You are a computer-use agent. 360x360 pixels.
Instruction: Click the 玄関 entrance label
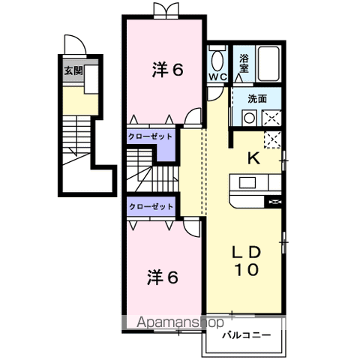coord(73,70)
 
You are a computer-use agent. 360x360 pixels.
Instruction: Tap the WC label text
coord(218,76)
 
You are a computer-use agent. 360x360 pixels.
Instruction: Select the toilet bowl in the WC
coord(217,61)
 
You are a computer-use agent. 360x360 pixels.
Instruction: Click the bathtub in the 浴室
coord(268,64)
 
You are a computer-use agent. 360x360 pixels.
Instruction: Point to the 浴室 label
coord(244,63)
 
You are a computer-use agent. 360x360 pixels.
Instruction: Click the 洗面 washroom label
coord(257,99)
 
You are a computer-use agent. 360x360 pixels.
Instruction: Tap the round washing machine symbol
coord(249,118)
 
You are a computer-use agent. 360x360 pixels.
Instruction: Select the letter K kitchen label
coord(254,158)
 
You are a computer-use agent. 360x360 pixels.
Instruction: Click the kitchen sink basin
coord(247,182)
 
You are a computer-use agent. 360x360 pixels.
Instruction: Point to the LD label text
coord(247,253)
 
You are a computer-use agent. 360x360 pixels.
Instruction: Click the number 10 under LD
coord(246,269)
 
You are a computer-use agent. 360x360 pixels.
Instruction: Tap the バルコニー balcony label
coord(247,335)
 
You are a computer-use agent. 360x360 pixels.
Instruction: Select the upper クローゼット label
coord(150,136)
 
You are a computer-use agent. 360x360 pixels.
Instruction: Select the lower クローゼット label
coord(151,207)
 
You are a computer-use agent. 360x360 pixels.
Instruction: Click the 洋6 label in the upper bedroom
coord(167,70)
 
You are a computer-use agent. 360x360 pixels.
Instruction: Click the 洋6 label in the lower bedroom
coord(163,277)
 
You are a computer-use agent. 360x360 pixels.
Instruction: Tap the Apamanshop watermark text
coord(180,322)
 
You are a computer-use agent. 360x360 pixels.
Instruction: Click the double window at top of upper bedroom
coord(166,10)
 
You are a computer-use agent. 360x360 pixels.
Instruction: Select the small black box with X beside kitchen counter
coord(274,202)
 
